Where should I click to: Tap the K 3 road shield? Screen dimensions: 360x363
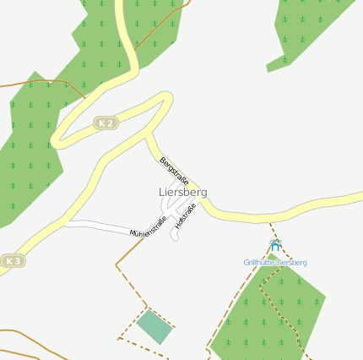tap(11, 261)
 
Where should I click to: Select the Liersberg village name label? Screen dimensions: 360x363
tap(182, 192)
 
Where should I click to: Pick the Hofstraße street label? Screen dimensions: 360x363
tap(185, 216)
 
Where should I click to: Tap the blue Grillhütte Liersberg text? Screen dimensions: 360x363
tap(275, 262)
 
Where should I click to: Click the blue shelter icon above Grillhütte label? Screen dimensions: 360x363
tap(274, 245)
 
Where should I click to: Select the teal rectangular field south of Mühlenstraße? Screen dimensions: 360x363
tap(154, 326)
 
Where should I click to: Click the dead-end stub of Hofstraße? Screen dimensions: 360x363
tap(174, 237)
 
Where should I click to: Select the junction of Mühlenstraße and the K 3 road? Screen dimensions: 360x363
tap(66, 222)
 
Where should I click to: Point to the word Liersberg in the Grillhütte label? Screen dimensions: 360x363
tap(291, 262)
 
